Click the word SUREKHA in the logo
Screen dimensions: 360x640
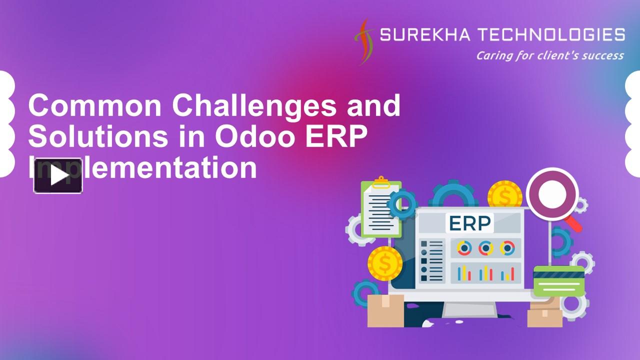point(424,35)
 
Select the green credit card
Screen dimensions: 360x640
point(558,281)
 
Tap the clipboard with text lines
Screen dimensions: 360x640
point(380,207)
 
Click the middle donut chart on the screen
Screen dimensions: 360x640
point(485,248)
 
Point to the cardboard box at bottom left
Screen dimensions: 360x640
point(385,310)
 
